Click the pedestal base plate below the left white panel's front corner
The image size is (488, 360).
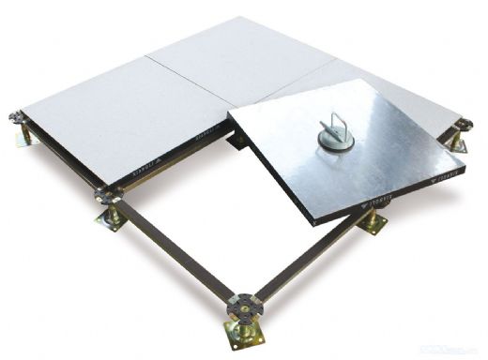coord(109,219)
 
